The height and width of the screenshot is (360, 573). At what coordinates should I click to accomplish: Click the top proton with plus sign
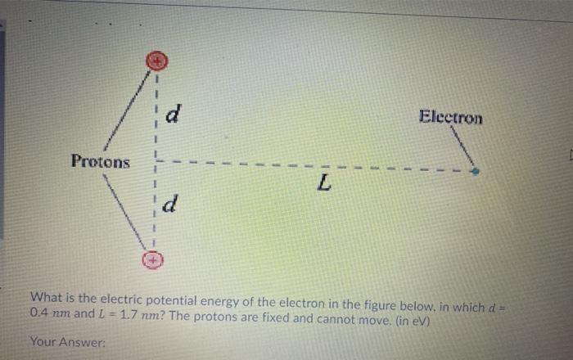[156, 60]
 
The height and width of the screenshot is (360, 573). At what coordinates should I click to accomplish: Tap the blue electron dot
[476, 172]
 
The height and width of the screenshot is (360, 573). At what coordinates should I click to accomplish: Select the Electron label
[450, 117]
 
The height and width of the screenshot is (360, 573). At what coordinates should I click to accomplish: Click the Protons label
[100, 160]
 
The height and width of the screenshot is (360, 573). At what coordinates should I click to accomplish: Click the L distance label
[325, 187]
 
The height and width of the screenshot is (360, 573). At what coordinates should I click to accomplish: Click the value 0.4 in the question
[38, 313]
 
